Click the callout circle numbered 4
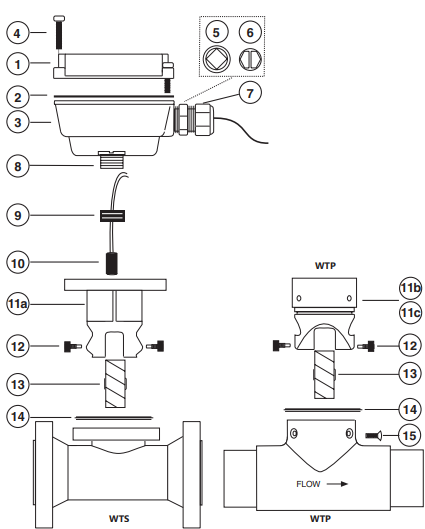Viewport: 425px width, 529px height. [x=18, y=32]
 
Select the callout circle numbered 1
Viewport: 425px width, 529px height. [x=18, y=63]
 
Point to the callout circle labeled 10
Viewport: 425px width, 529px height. [x=18, y=263]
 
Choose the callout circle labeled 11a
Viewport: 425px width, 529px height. [x=20, y=299]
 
